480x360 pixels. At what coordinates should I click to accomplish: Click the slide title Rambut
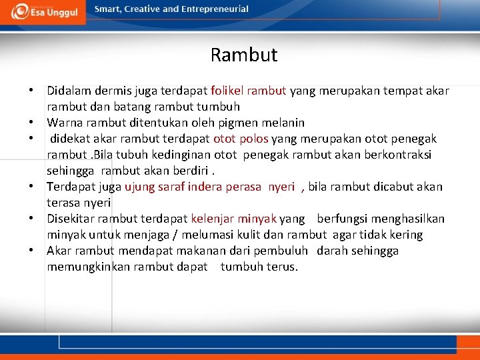243,55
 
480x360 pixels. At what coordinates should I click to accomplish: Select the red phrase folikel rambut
248,91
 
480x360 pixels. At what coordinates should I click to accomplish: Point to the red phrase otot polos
240,139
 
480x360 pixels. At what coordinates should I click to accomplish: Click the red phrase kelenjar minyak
233,219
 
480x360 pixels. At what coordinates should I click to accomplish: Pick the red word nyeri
281,187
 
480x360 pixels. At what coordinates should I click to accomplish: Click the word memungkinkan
79,267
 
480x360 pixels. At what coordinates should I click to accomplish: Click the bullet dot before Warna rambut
31,123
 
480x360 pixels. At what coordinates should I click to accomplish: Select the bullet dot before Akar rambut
31,251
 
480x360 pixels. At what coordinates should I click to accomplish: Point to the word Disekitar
71,219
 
